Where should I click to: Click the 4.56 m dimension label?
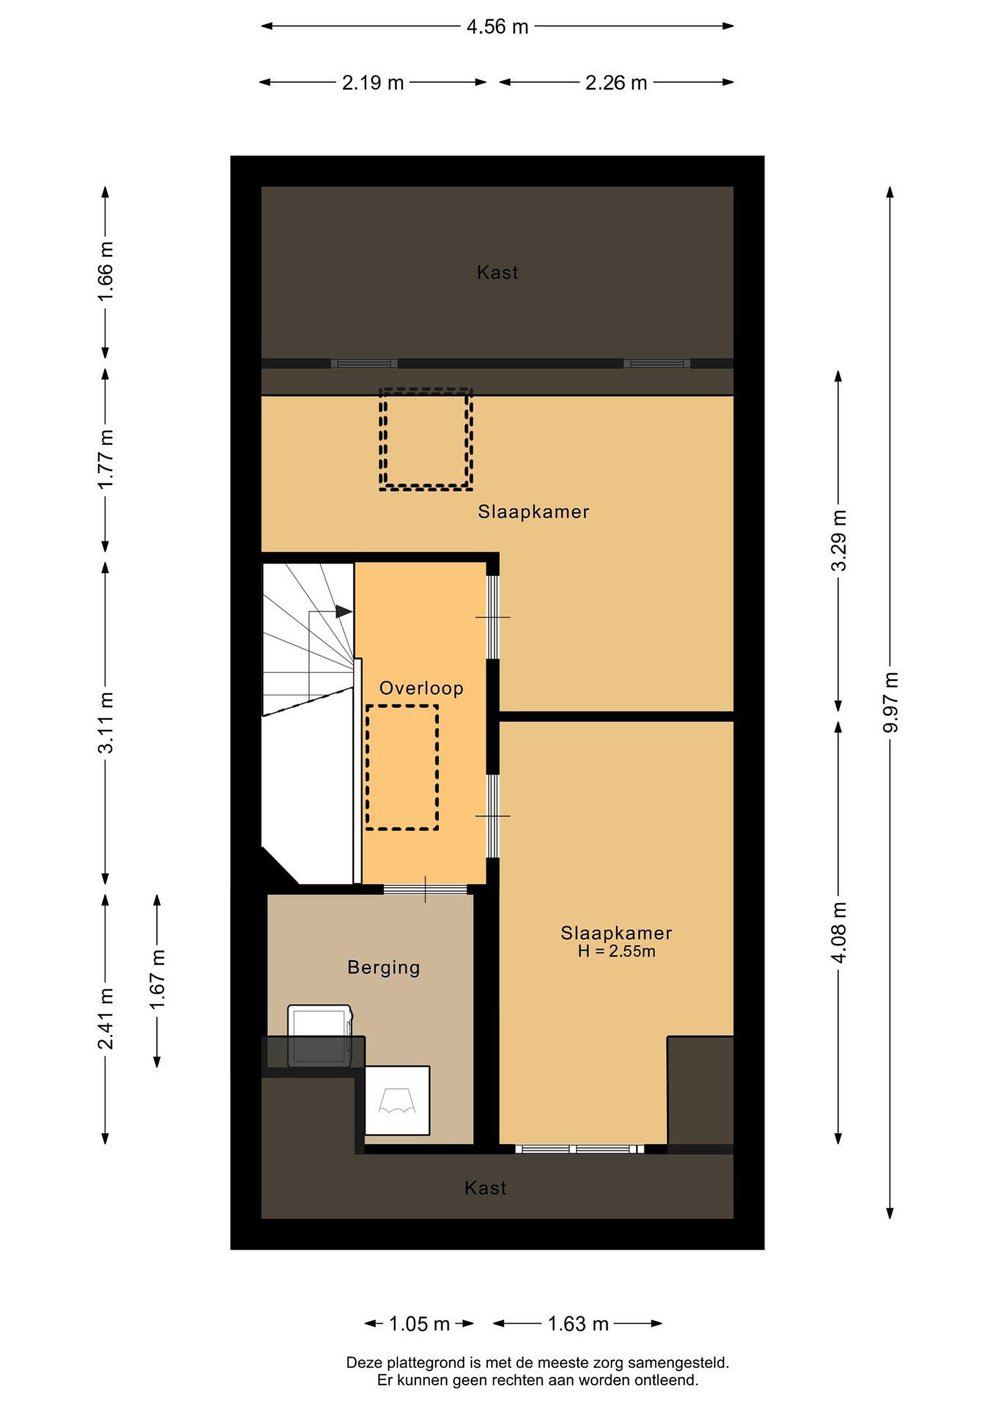click(x=497, y=27)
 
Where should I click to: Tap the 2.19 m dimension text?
click(x=373, y=83)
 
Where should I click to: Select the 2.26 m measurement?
click(x=616, y=83)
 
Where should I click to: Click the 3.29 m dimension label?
click(x=839, y=540)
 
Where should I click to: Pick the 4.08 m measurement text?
click(x=839, y=932)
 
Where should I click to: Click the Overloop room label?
click(x=421, y=688)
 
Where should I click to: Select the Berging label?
click(x=383, y=968)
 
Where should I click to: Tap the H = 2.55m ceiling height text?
click(x=616, y=952)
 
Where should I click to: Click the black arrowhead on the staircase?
click(x=344, y=612)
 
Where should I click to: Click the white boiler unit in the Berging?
click(x=397, y=1100)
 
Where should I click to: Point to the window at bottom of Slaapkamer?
click(x=580, y=1149)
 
